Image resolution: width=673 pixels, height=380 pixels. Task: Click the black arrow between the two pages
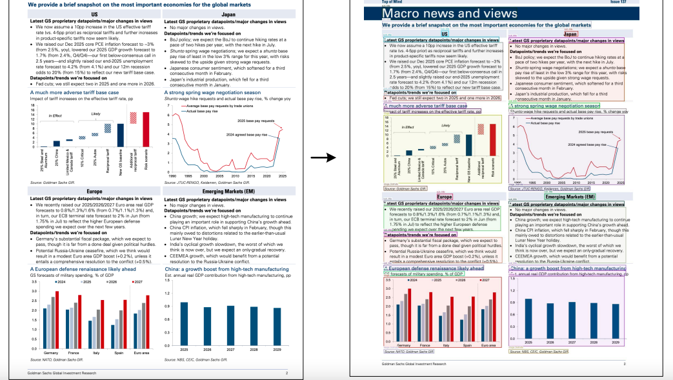coord(328,157)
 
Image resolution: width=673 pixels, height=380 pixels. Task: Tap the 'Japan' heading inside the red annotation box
coord(570,34)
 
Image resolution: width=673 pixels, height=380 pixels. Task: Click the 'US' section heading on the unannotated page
coord(95,14)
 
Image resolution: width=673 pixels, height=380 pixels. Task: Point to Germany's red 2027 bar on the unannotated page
coord(57,320)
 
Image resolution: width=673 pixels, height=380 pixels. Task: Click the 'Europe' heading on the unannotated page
coord(94,192)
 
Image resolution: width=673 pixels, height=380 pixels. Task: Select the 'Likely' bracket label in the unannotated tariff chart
coord(95,114)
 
